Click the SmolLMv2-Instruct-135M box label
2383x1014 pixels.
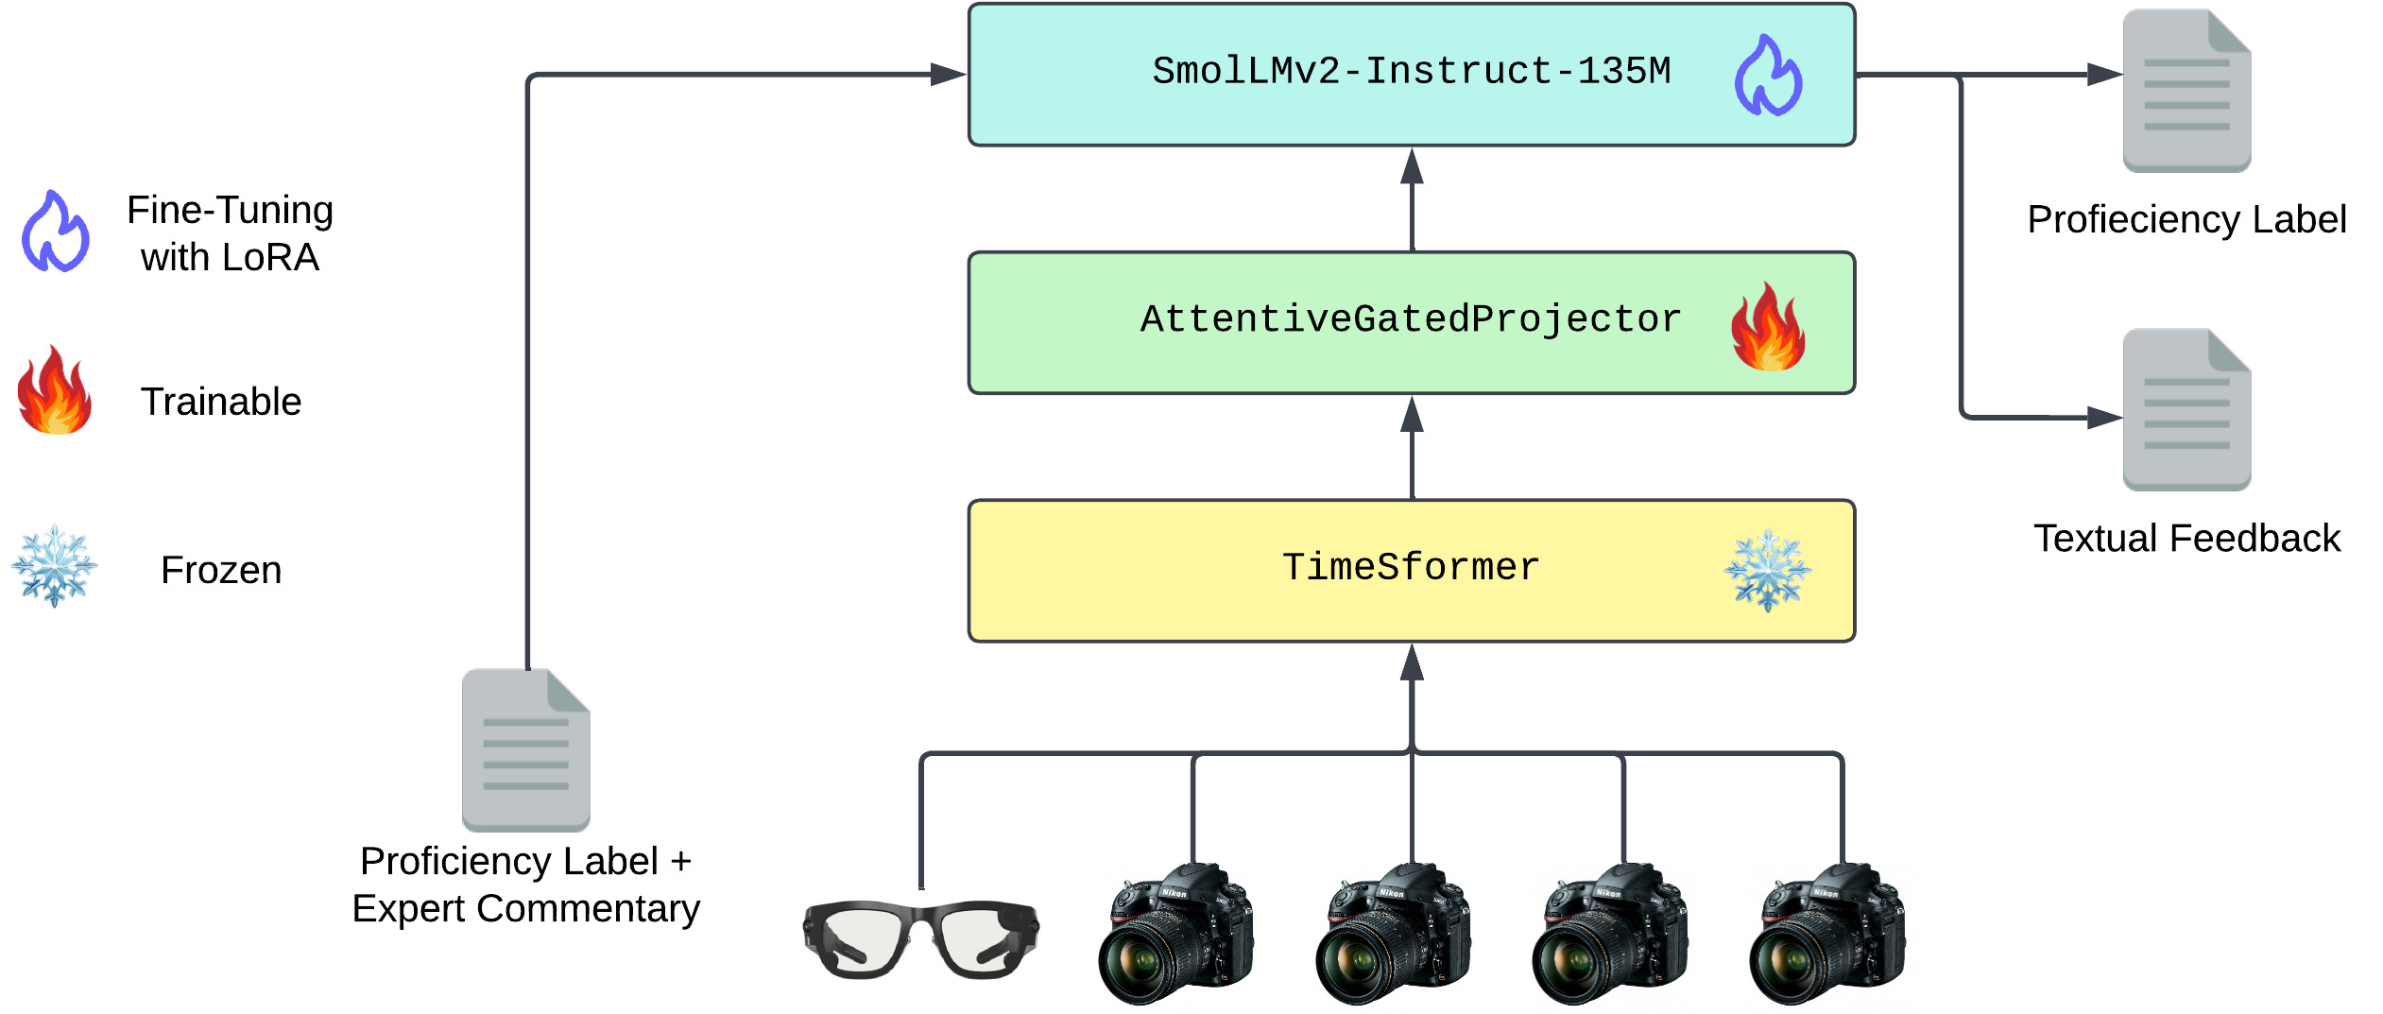point(1411,72)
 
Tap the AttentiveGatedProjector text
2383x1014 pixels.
point(1411,319)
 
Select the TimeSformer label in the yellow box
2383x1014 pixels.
point(1411,568)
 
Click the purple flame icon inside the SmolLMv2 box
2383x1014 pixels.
point(1768,76)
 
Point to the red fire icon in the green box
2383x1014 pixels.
point(1768,326)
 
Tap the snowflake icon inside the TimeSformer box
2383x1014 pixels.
point(1767,570)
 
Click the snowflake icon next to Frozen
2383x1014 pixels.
point(54,566)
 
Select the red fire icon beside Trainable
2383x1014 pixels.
point(55,390)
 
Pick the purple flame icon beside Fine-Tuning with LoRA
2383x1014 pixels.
point(56,232)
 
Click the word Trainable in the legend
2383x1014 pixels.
point(221,402)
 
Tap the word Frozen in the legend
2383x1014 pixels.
point(221,570)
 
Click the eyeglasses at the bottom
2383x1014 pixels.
point(920,940)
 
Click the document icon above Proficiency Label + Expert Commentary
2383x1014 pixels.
point(525,749)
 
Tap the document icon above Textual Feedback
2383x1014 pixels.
point(2186,409)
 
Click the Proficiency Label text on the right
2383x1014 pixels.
point(2186,219)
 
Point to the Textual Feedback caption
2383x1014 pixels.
point(2186,539)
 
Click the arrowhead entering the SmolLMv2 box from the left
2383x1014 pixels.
point(948,74)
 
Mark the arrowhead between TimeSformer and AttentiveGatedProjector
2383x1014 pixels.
point(1412,414)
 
